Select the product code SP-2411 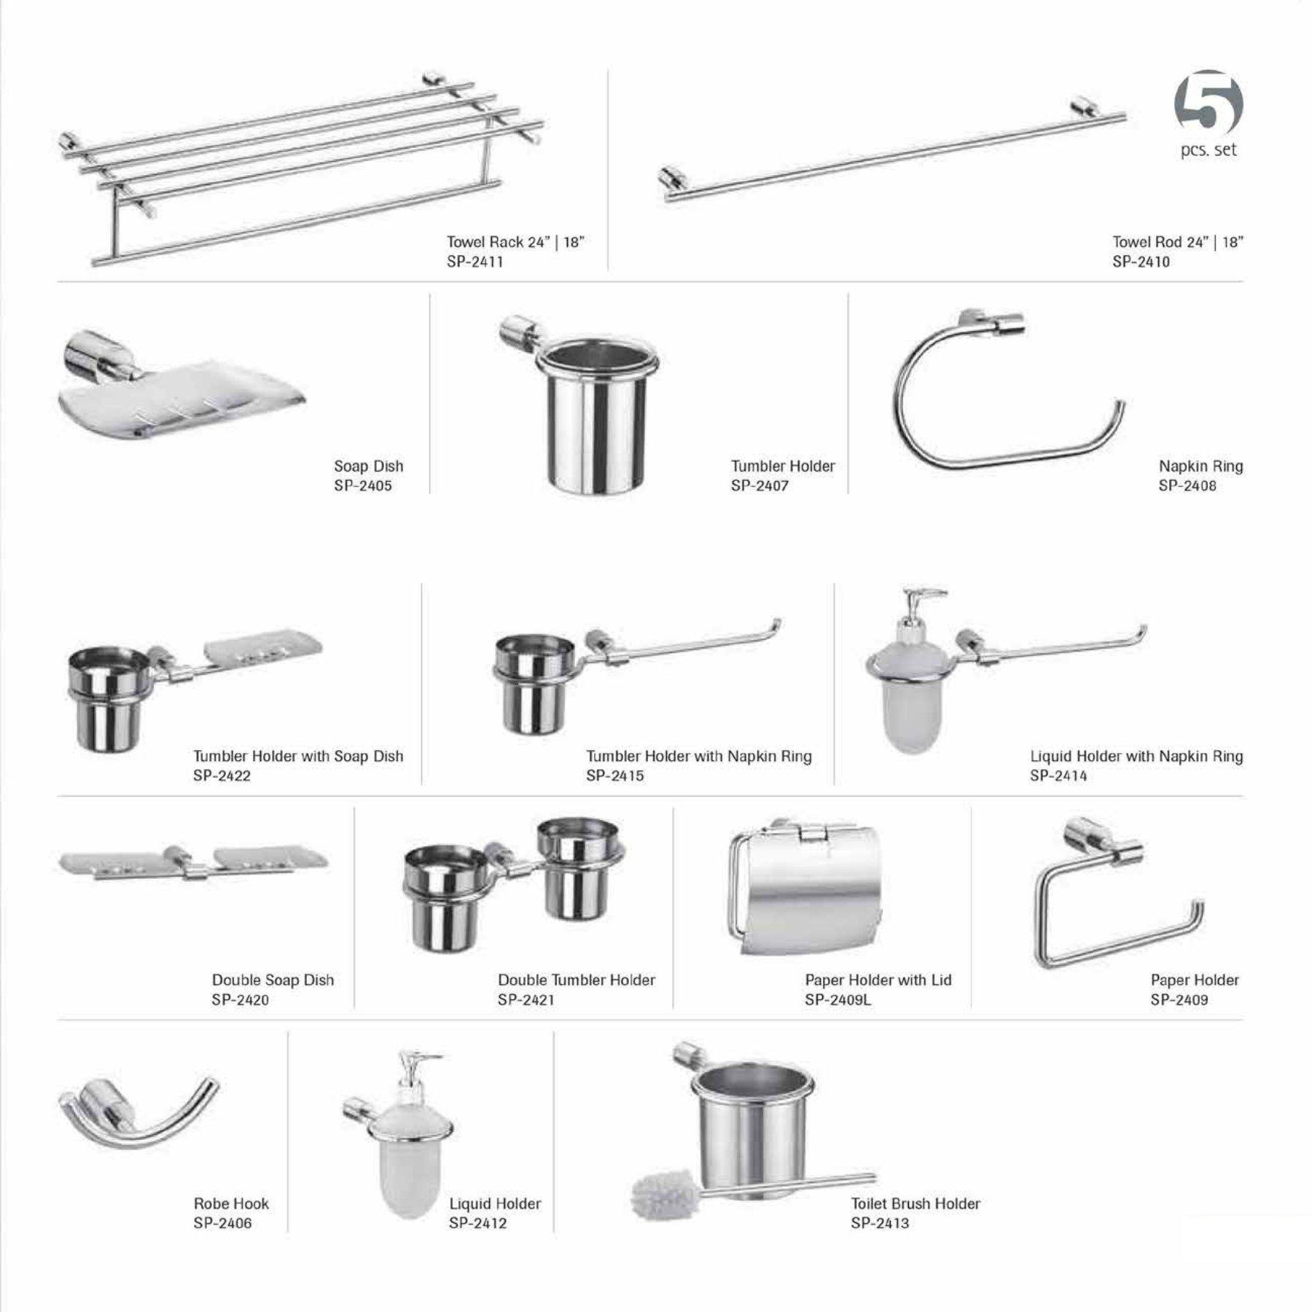point(475,262)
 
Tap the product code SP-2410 point(1141,262)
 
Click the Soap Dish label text point(368,466)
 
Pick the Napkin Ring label point(1200,466)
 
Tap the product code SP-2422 point(222,776)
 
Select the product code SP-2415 point(614,776)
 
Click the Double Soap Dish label point(273,980)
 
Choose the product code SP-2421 point(526,999)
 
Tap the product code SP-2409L point(837,999)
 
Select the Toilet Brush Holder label point(915,1203)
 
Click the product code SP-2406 point(222,1223)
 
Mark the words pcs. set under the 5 point(1208,151)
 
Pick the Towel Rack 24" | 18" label point(515,242)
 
